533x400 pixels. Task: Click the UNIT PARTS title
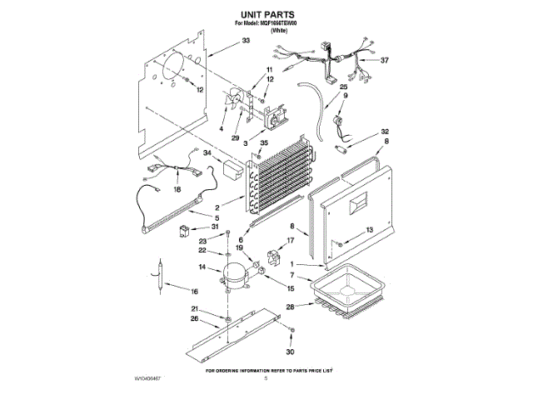(266, 14)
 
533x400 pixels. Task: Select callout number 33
(246, 40)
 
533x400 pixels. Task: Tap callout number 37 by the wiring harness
(384, 61)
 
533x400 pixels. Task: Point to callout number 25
(343, 87)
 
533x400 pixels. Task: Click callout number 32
(385, 132)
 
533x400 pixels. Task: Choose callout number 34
(207, 152)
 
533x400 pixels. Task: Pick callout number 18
(176, 190)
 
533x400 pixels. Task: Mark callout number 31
(214, 227)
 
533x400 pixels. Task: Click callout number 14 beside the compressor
(202, 267)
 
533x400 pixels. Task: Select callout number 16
(194, 291)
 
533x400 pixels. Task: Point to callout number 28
(290, 307)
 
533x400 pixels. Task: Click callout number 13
(371, 229)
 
